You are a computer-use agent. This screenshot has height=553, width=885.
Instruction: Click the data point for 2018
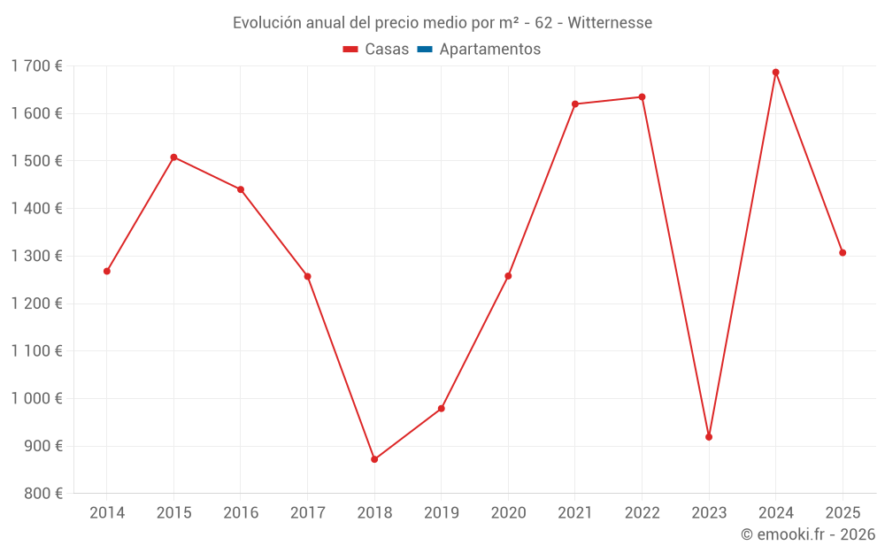[374, 459]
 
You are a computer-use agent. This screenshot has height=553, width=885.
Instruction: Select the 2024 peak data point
[775, 73]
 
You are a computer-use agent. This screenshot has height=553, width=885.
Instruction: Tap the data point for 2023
[709, 437]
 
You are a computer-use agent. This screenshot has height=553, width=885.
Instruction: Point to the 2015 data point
[173, 157]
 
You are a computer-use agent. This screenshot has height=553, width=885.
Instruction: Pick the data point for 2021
[575, 104]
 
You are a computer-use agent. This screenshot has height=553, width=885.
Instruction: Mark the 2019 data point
[441, 409]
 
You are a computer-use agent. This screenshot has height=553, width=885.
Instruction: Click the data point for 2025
[843, 253]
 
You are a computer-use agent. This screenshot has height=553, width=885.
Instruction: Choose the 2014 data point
[107, 271]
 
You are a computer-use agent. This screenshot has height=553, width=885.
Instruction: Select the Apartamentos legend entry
[489, 50]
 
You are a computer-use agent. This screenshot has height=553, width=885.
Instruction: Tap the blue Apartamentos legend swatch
[424, 50]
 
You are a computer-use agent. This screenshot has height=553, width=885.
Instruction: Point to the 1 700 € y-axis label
[37, 66]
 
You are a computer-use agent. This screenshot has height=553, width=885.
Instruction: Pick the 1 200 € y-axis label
[37, 303]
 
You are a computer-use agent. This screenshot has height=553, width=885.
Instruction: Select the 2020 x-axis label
[508, 513]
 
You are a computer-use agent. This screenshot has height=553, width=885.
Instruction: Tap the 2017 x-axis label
[307, 513]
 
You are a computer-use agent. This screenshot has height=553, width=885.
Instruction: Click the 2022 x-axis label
[642, 513]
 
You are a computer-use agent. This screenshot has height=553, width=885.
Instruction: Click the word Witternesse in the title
[610, 23]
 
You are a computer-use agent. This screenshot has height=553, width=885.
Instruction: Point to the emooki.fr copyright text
[808, 534]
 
